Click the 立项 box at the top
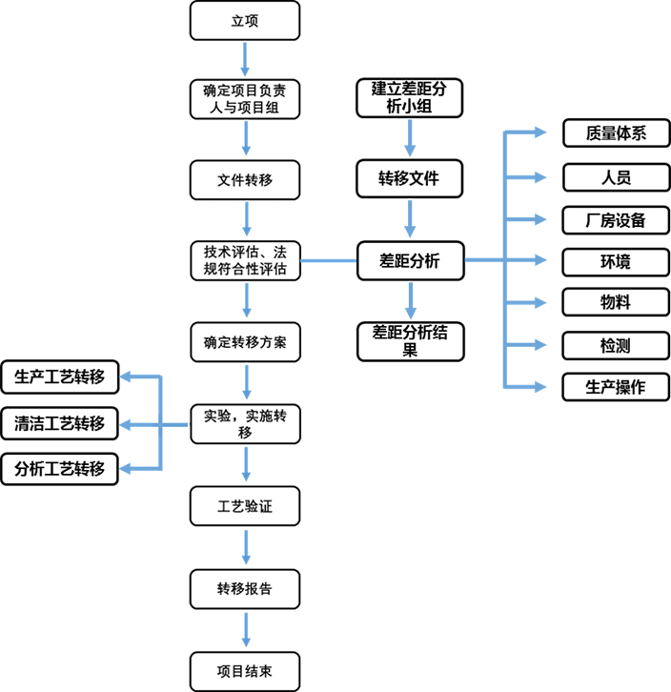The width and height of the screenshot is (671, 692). click(x=245, y=21)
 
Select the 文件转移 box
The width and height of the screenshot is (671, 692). click(x=245, y=180)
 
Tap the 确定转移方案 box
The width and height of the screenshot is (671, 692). click(x=246, y=342)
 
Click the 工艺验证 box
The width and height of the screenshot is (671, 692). click(x=245, y=506)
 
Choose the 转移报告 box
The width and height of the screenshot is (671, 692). click(x=245, y=589)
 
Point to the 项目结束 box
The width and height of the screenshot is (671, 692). click(x=245, y=671)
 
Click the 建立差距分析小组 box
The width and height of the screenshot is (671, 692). click(x=410, y=98)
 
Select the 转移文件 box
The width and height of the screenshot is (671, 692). click(x=410, y=179)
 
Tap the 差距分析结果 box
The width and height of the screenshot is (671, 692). click(x=411, y=341)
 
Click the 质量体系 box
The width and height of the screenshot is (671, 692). click(x=617, y=132)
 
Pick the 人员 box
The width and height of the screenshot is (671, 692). click(x=617, y=177)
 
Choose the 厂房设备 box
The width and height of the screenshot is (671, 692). click(x=616, y=220)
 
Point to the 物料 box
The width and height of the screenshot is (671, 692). click(x=616, y=302)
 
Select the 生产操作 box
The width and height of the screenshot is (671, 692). click(x=616, y=387)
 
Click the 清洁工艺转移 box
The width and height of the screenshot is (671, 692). click(x=60, y=423)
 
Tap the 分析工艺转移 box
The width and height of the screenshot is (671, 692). click(x=60, y=469)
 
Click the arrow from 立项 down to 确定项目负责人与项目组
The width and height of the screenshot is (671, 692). click(x=245, y=59)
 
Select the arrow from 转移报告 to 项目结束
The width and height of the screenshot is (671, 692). click(x=246, y=630)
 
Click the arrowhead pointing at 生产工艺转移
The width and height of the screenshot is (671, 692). click(x=126, y=377)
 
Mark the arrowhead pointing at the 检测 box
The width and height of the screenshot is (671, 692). click(x=540, y=345)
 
